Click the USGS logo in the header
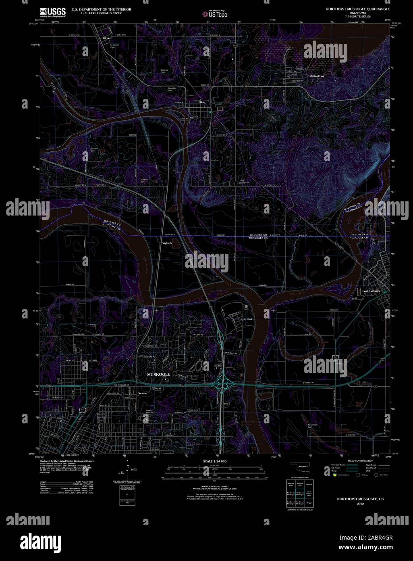[x=53, y=12]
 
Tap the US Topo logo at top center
[x=215, y=14]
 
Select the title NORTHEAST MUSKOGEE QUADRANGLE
[x=355, y=8]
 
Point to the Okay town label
[x=202, y=103]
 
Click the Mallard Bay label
[x=316, y=76]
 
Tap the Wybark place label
[x=167, y=243]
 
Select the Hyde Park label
[x=245, y=319]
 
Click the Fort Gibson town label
[x=371, y=291]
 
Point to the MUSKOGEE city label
[x=159, y=375]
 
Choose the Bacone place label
[x=142, y=393]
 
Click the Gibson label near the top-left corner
[x=107, y=38]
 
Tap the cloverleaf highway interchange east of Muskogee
[x=222, y=382]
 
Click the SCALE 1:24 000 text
[x=215, y=461]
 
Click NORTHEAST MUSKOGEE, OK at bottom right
[x=361, y=499]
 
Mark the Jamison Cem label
[x=95, y=150]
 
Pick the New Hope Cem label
[x=313, y=426]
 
